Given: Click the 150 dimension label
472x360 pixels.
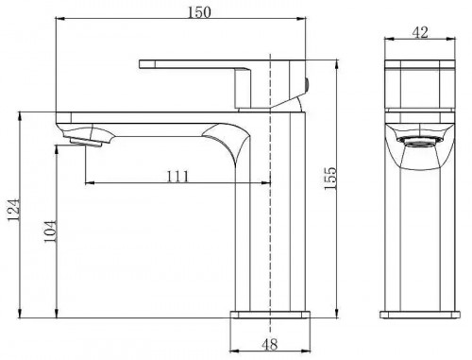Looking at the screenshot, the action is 199,12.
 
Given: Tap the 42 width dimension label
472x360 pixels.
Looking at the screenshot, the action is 420,32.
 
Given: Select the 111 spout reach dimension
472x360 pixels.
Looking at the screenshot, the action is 177,177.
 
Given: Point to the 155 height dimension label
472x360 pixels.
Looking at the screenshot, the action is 330,179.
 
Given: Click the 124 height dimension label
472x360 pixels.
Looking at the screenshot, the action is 14,210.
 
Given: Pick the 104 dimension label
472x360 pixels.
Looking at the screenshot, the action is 50,231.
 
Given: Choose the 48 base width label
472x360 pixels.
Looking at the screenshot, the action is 270,344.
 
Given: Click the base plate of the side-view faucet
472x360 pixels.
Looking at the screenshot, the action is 420,315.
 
